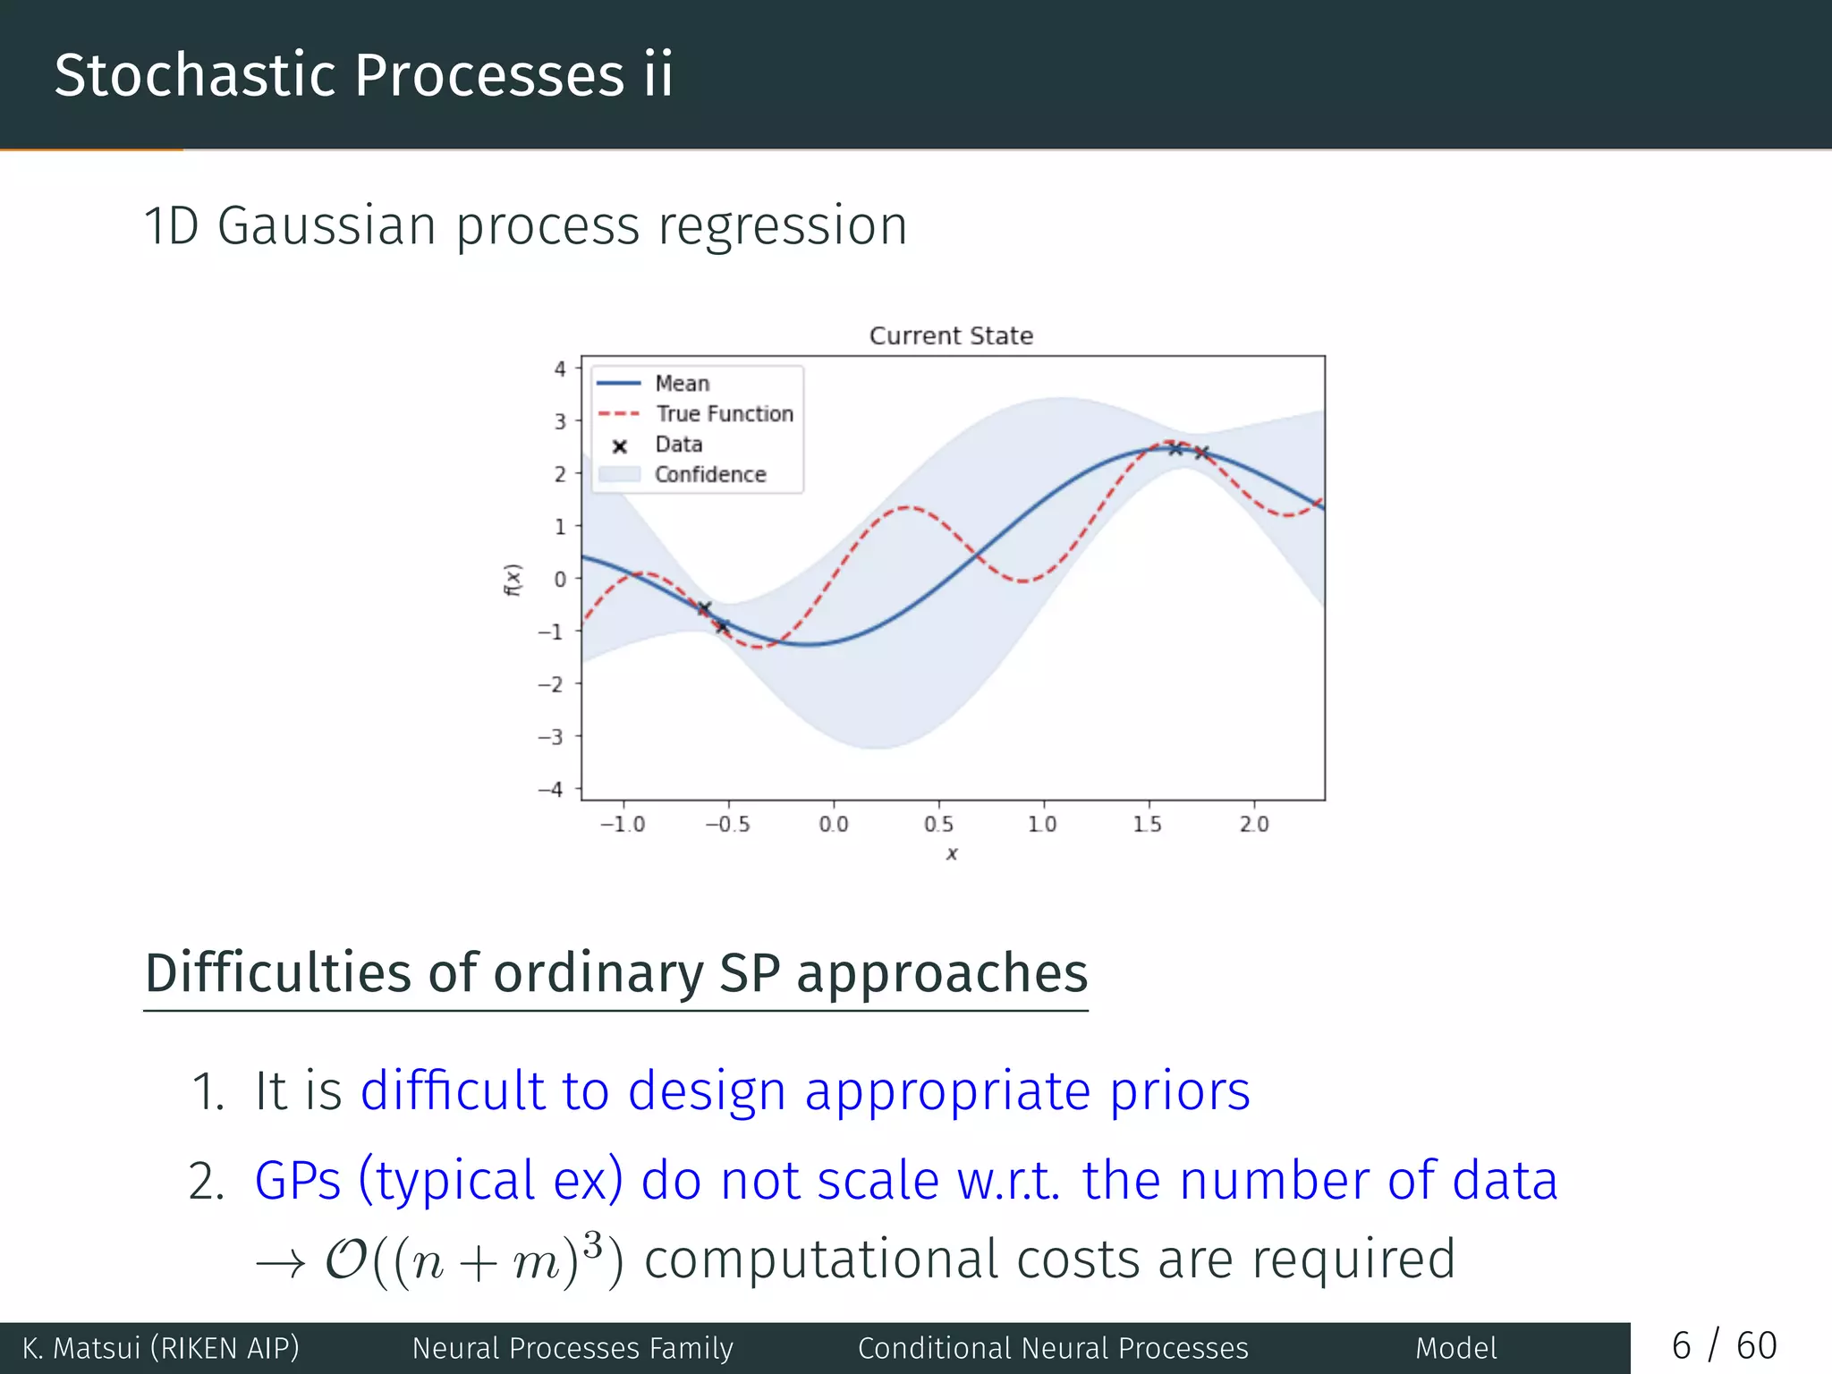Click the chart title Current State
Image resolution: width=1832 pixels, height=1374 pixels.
click(951, 335)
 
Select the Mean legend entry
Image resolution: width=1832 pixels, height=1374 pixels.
click(682, 384)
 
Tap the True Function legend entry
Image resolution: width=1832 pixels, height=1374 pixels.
click(724, 414)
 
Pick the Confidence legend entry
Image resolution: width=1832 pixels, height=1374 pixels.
click(709, 475)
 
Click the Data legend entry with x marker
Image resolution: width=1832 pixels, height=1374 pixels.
click(678, 445)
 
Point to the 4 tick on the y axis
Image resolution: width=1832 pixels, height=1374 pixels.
click(560, 369)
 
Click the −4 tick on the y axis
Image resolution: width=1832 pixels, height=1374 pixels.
click(551, 789)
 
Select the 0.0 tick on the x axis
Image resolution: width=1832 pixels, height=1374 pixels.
click(834, 824)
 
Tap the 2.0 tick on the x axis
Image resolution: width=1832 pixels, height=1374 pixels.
click(1254, 824)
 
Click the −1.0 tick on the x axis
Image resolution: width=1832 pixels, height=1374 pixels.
click(623, 824)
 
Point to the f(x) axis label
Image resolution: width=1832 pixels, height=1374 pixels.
click(512, 580)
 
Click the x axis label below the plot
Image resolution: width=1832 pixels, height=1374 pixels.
click(952, 854)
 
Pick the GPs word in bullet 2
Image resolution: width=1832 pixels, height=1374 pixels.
click(298, 1181)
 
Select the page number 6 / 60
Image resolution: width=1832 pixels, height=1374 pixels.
click(1724, 1346)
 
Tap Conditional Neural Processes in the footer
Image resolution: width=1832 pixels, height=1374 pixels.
click(1053, 1348)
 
